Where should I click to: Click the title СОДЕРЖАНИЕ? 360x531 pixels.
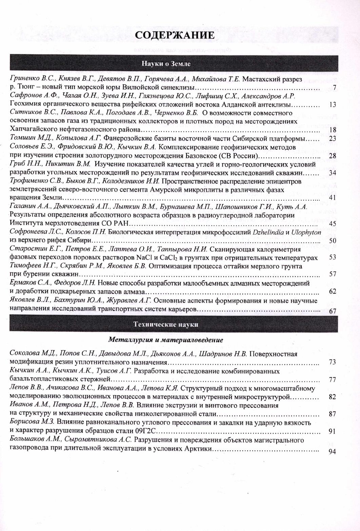click(175, 36)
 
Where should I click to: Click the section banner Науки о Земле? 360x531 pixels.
click(166, 63)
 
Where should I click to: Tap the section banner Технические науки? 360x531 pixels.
click(166, 324)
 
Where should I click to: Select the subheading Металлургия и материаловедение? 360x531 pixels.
click(166, 340)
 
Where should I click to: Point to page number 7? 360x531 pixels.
click(334, 88)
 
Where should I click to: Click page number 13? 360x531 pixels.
click(332, 105)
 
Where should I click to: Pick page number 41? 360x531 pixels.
click(332, 198)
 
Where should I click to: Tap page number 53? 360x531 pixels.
click(332, 258)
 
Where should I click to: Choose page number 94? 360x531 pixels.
click(332, 452)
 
